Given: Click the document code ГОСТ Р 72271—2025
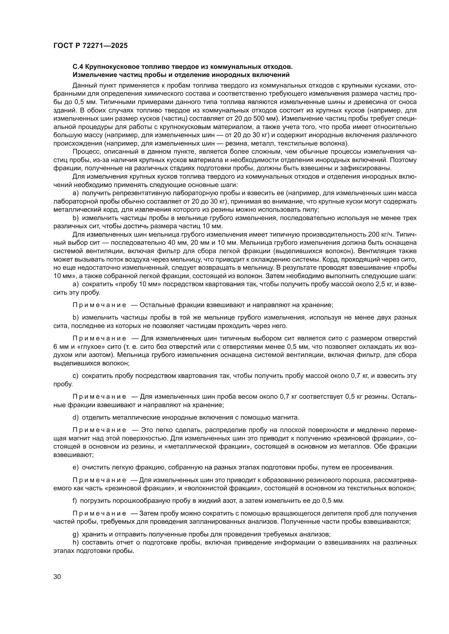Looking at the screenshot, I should (90, 46).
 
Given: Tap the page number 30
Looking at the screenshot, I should (57, 577).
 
